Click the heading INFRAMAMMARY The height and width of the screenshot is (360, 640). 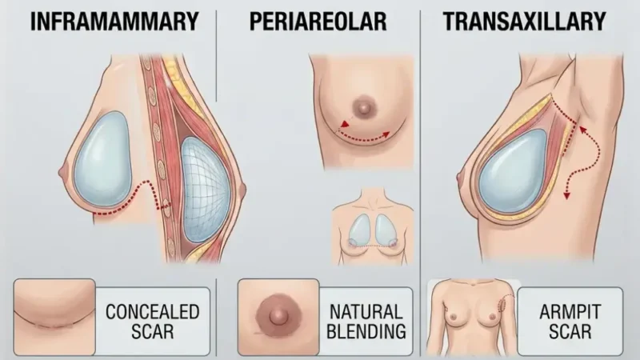(114, 22)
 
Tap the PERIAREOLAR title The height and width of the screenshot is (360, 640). (318, 22)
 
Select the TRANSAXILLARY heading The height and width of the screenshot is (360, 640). (525, 22)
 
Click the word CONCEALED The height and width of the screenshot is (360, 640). (152, 312)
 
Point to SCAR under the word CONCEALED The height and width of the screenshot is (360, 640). (152, 331)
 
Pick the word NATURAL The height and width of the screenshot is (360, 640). (366, 312)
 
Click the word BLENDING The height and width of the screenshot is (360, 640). (366, 331)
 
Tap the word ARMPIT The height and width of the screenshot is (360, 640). (570, 312)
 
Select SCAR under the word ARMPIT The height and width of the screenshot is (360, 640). (570, 331)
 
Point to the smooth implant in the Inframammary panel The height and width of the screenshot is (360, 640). (103, 159)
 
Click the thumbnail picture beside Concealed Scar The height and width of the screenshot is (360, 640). (54, 317)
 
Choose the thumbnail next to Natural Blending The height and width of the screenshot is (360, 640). (278, 317)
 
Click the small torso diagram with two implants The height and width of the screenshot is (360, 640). (373, 226)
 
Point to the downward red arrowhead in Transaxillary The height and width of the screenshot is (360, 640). (566, 195)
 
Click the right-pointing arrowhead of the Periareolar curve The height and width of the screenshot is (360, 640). (386, 134)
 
